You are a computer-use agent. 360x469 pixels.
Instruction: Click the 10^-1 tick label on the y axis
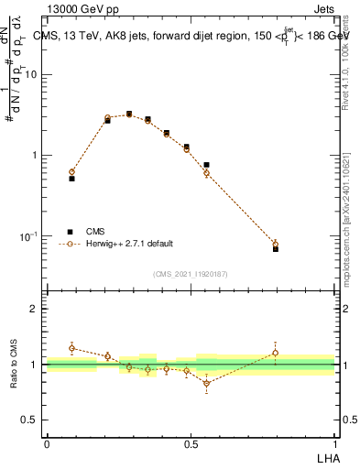(30, 236)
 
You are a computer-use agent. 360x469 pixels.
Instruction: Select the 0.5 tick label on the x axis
(191, 443)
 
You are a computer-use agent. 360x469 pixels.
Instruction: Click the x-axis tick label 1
(335, 443)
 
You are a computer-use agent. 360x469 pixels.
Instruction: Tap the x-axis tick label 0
(47, 443)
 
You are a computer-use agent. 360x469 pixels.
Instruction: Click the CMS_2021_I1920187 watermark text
(191, 274)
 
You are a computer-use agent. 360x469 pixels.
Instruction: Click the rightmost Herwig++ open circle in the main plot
(276, 244)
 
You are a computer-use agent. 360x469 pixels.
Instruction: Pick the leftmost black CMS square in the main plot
(71, 179)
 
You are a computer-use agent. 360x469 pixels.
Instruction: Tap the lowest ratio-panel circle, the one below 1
(206, 383)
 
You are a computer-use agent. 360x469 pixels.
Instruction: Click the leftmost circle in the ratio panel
(71, 348)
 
